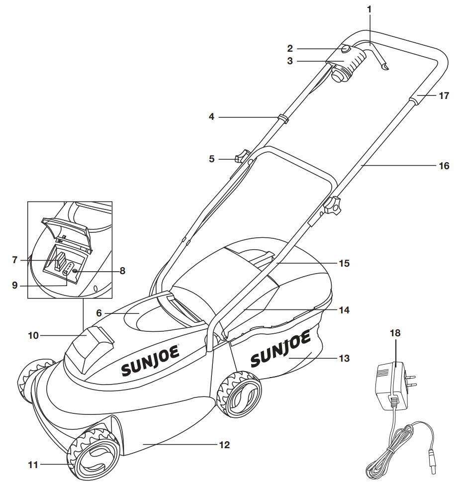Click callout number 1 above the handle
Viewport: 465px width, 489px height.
pyautogui.click(x=369, y=8)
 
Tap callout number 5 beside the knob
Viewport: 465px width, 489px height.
pyautogui.click(x=212, y=159)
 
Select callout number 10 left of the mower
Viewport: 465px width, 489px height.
pyautogui.click(x=33, y=336)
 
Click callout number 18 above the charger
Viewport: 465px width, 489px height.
pyautogui.click(x=395, y=333)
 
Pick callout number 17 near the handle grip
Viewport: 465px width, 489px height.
pyautogui.click(x=444, y=96)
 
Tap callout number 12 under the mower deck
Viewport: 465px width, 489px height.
pyautogui.click(x=224, y=445)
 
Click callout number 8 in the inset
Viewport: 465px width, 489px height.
pyautogui.click(x=122, y=271)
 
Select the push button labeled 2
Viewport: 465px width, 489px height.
pyautogui.click(x=345, y=49)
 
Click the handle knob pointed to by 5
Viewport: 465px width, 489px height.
pyautogui.click(x=243, y=158)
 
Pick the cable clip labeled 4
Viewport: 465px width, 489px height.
pyautogui.click(x=284, y=119)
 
